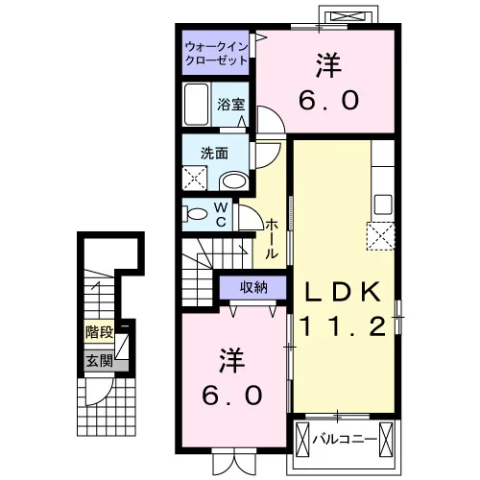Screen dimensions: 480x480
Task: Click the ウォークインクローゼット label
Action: tap(217, 54)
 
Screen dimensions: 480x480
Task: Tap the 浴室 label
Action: tap(231, 105)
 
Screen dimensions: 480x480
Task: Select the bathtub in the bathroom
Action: tap(196, 105)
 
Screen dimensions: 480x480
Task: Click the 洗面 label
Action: tap(214, 154)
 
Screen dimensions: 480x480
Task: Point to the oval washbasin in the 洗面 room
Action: tap(235, 181)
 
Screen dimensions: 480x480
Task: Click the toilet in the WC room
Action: tap(195, 214)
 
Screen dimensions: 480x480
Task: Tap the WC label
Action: tap(221, 215)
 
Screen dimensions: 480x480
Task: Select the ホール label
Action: tap(271, 239)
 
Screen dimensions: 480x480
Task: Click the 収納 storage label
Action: tap(253, 288)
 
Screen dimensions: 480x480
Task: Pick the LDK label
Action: tap(344, 292)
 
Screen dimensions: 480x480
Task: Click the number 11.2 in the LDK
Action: tap(343, 326)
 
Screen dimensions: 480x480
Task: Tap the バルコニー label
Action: tap(345, 439)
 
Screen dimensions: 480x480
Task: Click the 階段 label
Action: tap(99, 332)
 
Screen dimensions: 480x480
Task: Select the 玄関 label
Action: tap(99, 361)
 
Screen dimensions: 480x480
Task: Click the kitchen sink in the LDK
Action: tap(383, 204)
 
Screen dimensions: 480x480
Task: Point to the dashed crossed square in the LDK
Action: tap(380, 236)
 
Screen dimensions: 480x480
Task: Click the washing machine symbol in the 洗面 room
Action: tap(195, 178)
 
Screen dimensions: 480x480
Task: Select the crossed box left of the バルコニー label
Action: tap(302, 439)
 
